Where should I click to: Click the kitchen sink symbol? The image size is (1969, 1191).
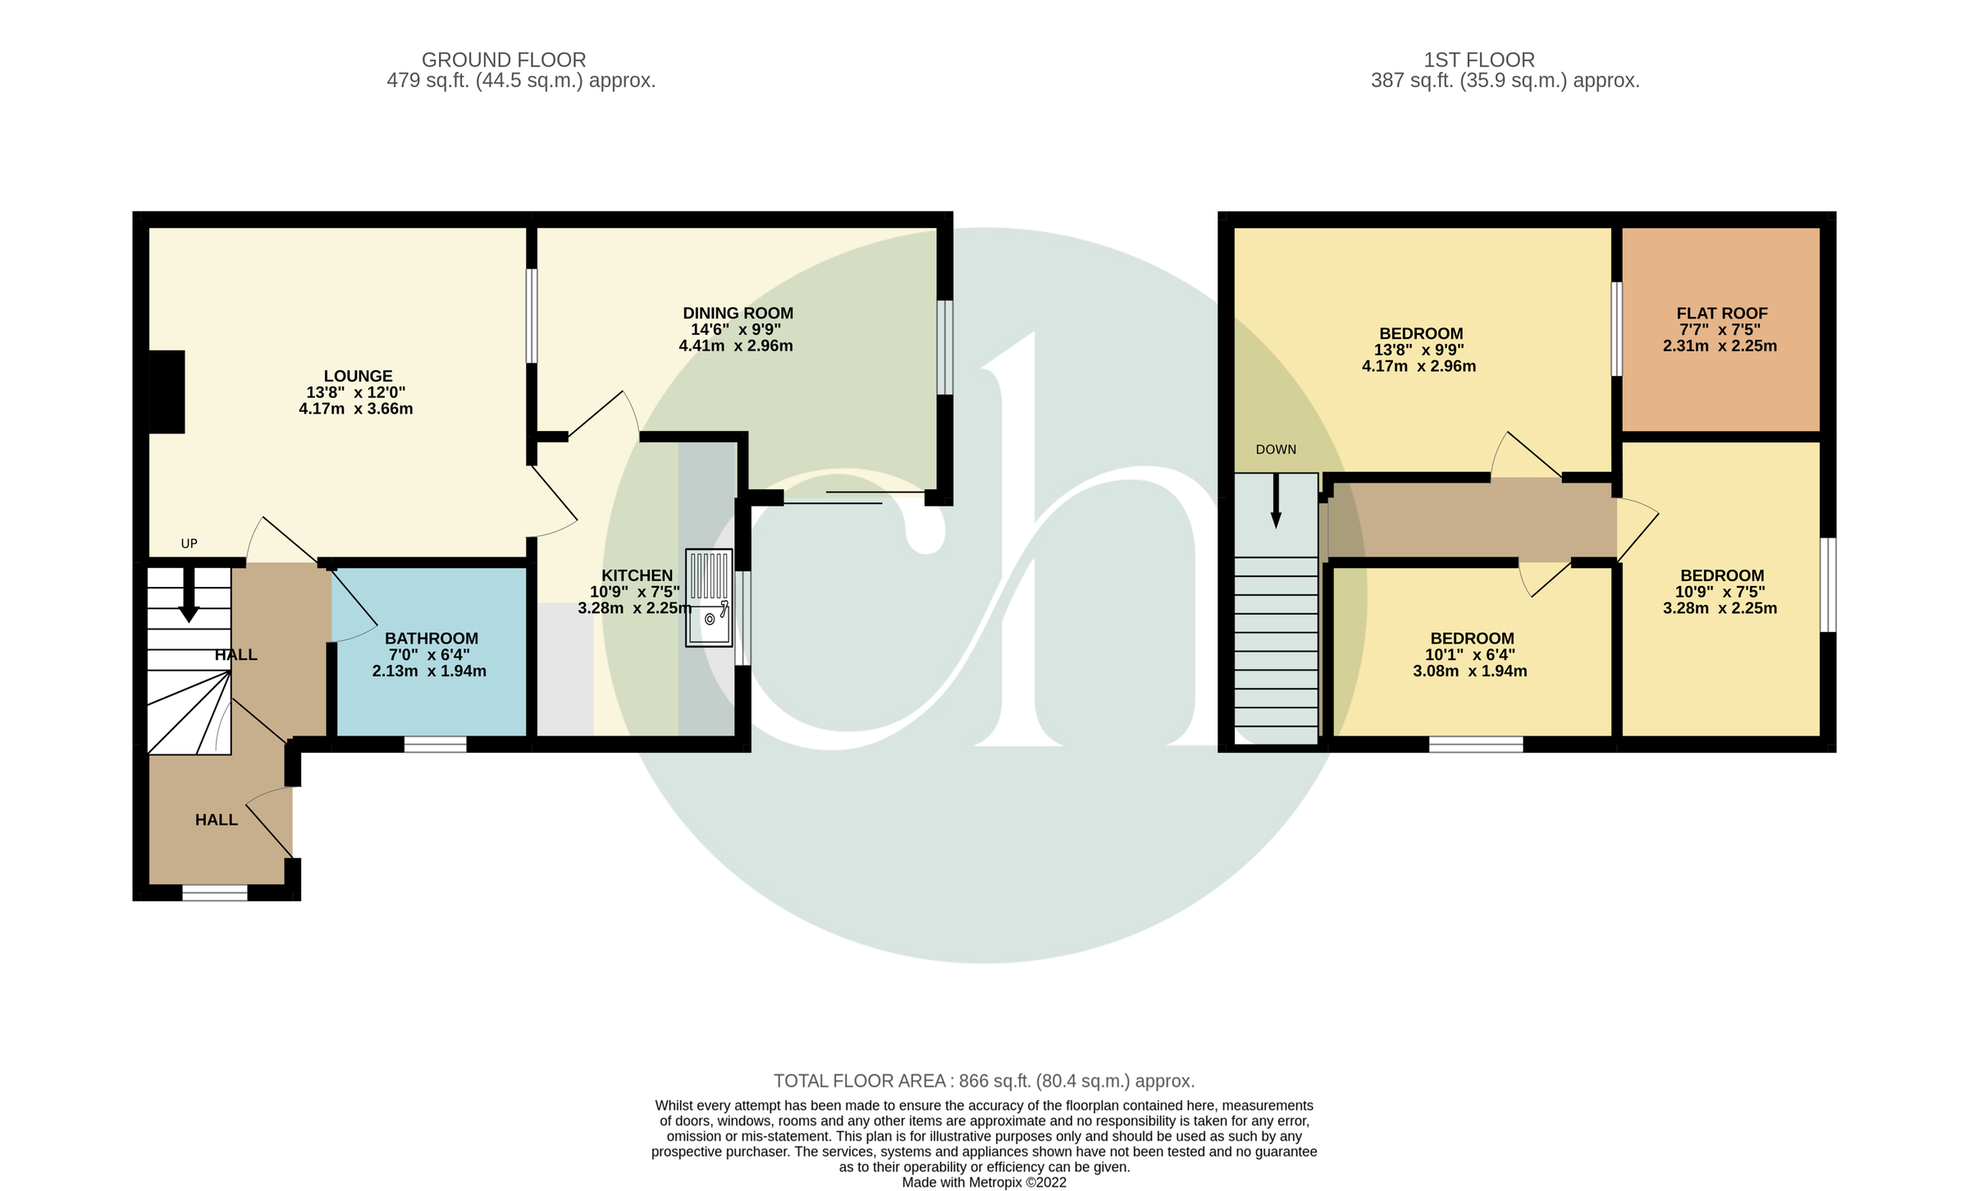coord(709,598)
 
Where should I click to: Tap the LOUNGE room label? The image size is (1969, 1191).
coord(358,377)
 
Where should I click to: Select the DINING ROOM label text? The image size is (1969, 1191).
coord(738,314)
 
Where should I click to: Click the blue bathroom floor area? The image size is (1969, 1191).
coord(430,698)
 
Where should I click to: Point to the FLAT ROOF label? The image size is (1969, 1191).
coord(1721,314)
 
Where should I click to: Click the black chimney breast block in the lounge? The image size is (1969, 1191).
coord(167,392)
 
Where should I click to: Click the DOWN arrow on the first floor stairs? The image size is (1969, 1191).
coord(1276,501)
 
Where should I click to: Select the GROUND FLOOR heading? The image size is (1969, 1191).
coord(503,60)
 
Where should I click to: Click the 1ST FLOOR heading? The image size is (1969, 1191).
coord(1478,60)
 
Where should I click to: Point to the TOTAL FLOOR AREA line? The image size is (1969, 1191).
coord(984,1081)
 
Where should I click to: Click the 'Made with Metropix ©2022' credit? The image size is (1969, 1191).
coord(984,1183)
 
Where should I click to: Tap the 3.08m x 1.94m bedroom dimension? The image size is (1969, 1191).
coord(1469,671)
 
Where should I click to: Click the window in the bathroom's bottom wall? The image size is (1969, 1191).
coord(435,744)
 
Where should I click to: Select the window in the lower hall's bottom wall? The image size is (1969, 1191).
coord(214,893)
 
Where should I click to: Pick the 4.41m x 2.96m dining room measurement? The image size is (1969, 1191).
coord(735,346)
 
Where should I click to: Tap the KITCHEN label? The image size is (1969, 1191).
coord(637,576)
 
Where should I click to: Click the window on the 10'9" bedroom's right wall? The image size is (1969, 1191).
coord(1828,584)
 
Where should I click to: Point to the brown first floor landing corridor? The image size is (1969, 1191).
coord(1469,521)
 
